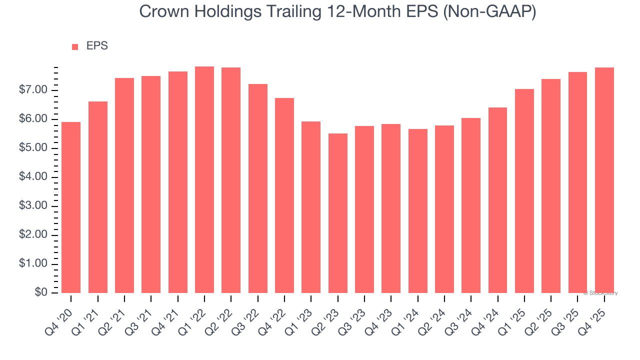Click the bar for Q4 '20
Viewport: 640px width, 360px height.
coord(71,207)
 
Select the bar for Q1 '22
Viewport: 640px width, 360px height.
coord(204,180)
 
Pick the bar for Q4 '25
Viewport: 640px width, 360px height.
coord(604,180)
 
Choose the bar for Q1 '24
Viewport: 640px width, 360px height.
coord(417,211)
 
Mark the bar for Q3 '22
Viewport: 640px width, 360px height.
coord(257,188)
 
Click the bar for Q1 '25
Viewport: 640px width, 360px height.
coord(524,191)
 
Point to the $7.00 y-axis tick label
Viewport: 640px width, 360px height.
coord(33,90)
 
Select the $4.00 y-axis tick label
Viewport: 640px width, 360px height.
coord(33,177)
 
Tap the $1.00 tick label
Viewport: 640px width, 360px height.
coord(33,264)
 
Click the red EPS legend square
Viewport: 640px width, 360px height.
coord(75,46)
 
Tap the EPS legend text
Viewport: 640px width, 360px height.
coord(97,46)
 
